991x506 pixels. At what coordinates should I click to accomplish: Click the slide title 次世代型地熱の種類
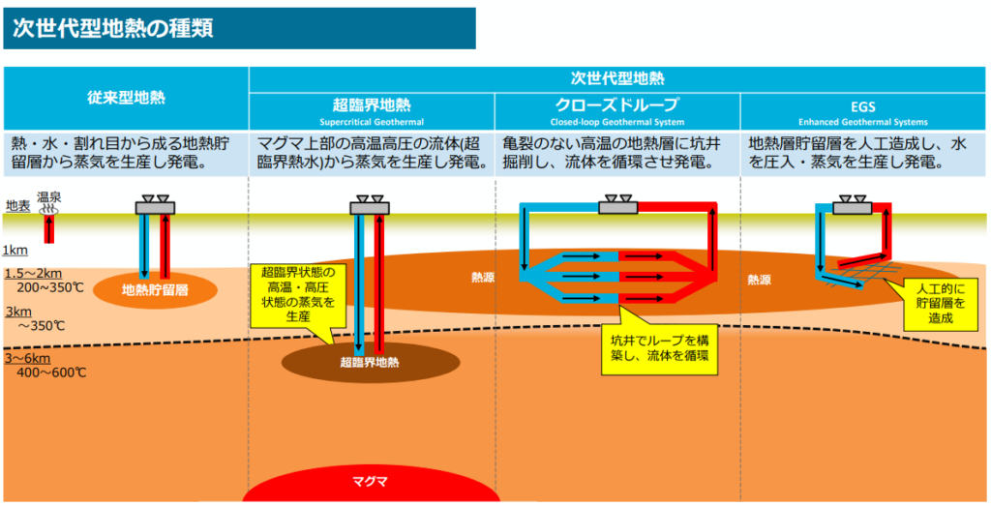click(x=113, y=28)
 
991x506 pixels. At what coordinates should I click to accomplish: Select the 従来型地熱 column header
click(x=126, y=98)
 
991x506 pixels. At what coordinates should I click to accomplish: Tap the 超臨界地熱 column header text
click(x=372, y=104)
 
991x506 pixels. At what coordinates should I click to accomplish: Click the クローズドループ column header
click(x=617, y=104)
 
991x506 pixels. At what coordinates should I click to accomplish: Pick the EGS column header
click(x=862, y=106)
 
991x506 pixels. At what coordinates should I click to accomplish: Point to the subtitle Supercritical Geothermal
click(x=372, y=122)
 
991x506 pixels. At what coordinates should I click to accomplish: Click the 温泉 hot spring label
click(x=48, y=197)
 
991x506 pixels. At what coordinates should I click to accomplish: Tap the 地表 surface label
click(x=17, y=206)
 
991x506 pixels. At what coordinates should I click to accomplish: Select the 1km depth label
click(x=15, y=251)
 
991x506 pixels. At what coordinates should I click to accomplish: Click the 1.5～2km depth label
click(x=33, y=274)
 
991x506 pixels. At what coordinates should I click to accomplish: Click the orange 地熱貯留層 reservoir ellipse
click(x=155, y=290)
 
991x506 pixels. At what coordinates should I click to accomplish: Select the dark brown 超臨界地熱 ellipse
click(x=371, y=362)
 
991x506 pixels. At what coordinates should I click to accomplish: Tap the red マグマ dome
click(x=371, y=483)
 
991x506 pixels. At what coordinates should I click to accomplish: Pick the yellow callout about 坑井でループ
click(x=659, y=347)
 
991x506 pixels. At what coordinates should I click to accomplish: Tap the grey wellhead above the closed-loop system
click(x=617, y=205)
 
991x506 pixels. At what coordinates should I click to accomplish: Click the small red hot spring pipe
click(x=48, y=228)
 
